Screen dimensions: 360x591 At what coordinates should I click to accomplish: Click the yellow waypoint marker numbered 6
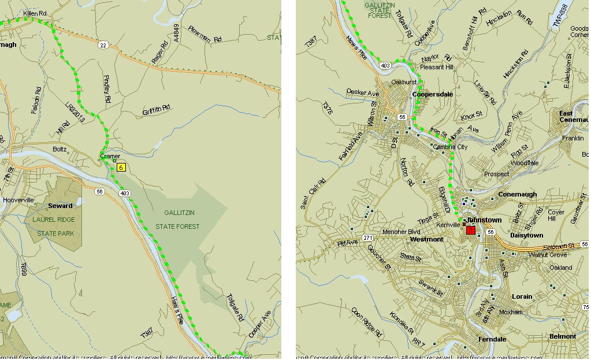point(121,168)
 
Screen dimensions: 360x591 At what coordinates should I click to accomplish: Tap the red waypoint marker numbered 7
point(471,230)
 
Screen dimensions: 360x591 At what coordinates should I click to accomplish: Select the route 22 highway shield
point(103,44)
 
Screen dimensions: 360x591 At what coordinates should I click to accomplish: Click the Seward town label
point(61,206)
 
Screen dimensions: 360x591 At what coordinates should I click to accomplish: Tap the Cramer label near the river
point(110,156)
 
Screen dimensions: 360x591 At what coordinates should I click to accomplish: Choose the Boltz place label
point(60,150)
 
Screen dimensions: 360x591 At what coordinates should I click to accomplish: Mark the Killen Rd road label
point(35,12)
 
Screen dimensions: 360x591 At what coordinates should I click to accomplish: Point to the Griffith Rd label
point(157,109)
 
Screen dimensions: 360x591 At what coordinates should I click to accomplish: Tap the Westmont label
point(426,239)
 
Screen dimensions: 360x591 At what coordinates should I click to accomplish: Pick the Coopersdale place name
point(433,94)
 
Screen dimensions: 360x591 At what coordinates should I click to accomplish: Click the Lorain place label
point(522,296)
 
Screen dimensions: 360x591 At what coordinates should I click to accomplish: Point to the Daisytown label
point(527,236)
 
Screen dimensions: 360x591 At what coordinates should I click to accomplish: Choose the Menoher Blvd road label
point(402,232)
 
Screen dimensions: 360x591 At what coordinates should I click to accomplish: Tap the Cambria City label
point(450,147)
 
